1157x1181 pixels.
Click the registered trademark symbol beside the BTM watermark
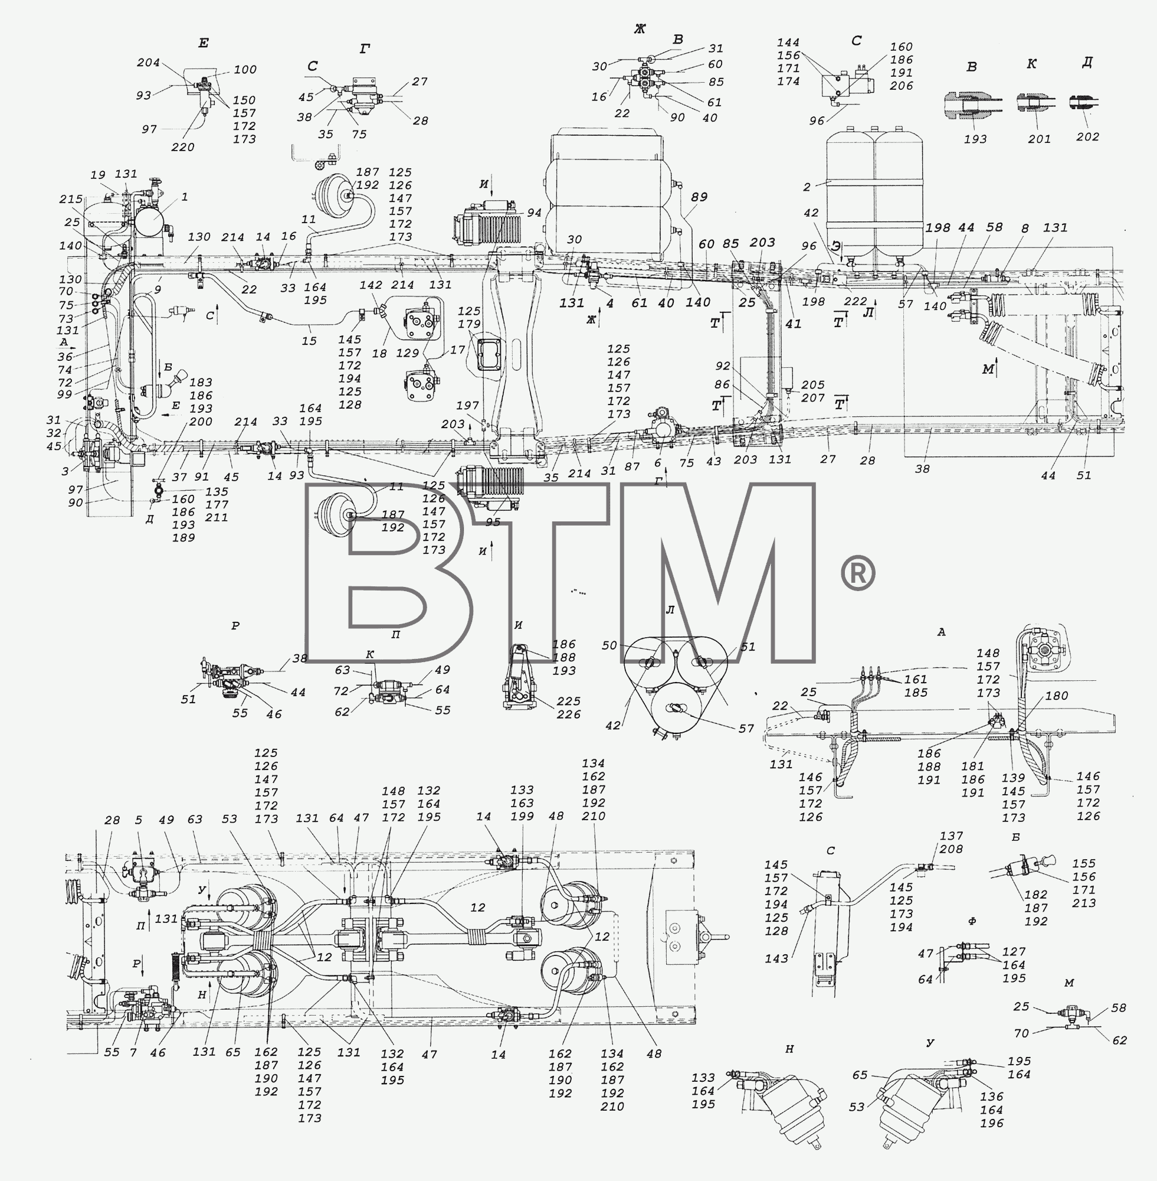pos(857,573)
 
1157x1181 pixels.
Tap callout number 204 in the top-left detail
pos(148,62)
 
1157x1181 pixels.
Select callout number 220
pos(183,146)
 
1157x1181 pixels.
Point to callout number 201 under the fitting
pos(1039,139)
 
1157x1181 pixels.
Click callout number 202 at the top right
pos(1087,136)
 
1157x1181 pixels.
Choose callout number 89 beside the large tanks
pos(699,197)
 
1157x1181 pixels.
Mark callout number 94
pos(534,212)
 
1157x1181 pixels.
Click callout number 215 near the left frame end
pos(71,199)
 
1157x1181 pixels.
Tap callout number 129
pos(407,353)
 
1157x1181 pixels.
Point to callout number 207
pos(812,398)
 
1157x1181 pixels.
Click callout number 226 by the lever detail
pos(568,714)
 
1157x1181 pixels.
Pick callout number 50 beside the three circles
pos(609,645)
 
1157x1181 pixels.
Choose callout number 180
pos(1056,696)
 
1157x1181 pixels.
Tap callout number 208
pos(951,849)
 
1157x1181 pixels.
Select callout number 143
pos(776,958)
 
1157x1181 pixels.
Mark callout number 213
pos(1083,903)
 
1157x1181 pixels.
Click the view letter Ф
pos(972,921)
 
